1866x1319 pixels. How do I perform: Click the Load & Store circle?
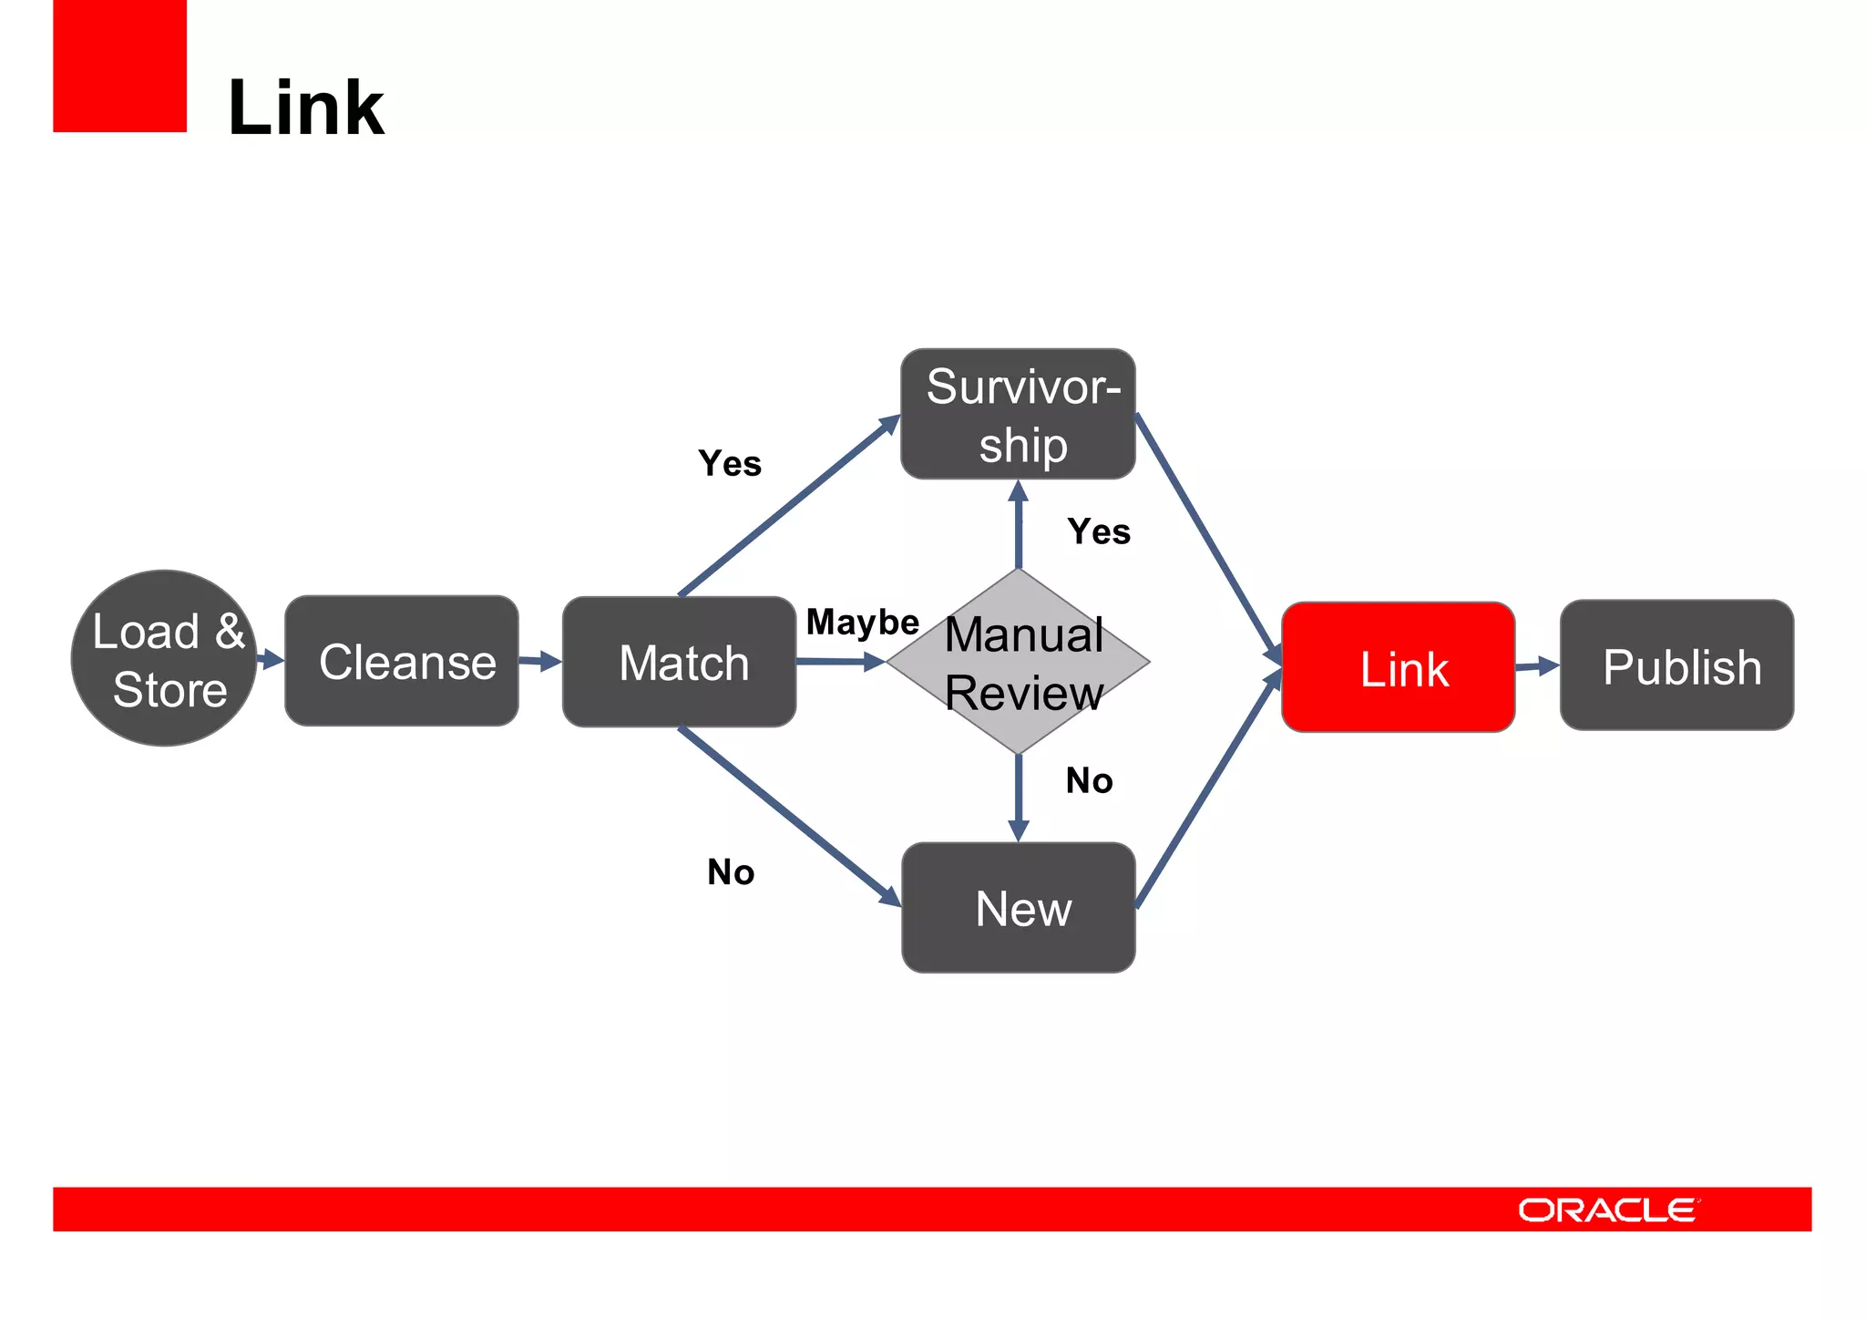point(164,658)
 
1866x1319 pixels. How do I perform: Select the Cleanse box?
point(402,661)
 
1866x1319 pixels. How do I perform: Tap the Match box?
point(679,662)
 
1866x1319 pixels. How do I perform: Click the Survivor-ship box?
point(1018,414)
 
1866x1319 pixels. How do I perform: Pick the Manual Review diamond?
point(1018,662)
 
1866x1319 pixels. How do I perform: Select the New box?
point(1018,908)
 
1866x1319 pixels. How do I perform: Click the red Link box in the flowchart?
point(1398,667)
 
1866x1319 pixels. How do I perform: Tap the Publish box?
point(1676,665)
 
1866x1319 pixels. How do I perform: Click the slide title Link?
point(306,108)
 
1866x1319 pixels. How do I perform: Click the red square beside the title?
point(119,66)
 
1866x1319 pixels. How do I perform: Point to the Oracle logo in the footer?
point(1607,1210)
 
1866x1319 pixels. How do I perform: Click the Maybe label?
point(862,623)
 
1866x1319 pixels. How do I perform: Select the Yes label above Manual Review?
point(1099,531)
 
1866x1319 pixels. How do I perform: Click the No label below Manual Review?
point(1089,780)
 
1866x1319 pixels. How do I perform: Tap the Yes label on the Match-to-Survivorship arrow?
point(730,463)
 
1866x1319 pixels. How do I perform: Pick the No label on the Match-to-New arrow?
point(731,872)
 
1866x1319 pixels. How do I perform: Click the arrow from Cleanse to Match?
point(540,661)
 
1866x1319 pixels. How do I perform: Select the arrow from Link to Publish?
point(1537,666)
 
